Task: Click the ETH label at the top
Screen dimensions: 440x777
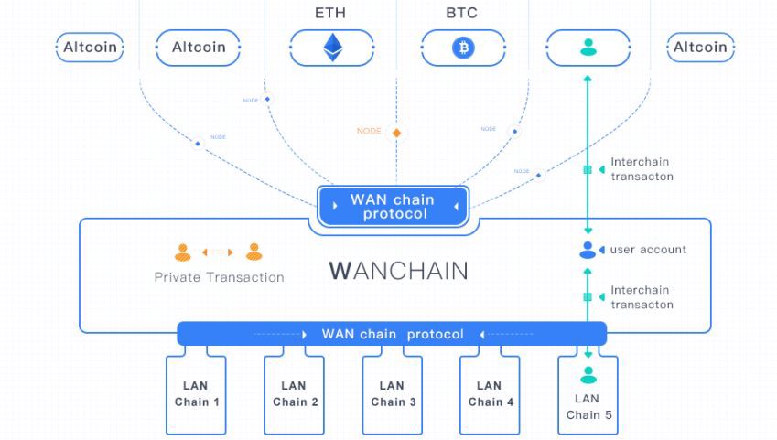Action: point(331,14)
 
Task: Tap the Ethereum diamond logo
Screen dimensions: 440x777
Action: point(331,48)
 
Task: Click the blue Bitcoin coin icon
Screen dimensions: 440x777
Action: point(463,48)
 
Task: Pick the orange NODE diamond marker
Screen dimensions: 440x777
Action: point(396,133)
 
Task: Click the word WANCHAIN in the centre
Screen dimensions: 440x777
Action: point(398,271)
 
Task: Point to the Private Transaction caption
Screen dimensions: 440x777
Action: point(219,277)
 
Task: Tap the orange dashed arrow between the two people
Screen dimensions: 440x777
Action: point(218,252)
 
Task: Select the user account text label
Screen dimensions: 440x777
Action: point(648,250)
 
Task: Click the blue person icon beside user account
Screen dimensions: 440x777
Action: point(588,250)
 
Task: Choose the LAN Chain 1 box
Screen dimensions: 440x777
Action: point(197,394)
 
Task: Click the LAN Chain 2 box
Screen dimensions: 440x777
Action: point(295,394)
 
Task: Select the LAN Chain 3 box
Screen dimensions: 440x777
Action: point(393,394)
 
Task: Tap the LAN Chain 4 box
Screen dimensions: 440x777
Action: point(491,394)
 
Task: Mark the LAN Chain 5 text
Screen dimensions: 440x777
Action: point(588,407)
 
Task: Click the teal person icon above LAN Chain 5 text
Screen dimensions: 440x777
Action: point(588,374)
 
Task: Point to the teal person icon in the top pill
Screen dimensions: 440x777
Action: point(588,48)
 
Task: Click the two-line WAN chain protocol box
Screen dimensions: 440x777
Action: point(394,207)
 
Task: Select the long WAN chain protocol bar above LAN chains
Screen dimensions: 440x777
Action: point(392,334)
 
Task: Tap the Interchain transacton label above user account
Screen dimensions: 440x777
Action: point(642,169)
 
